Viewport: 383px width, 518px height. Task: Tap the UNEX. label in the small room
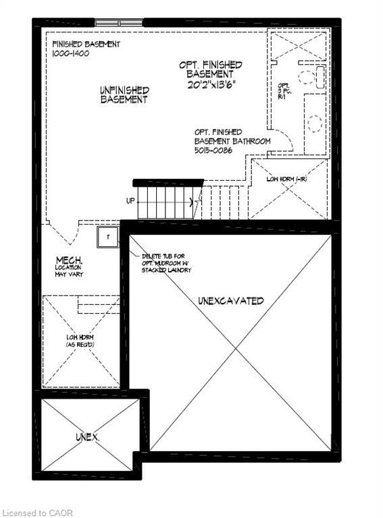pos(87,438)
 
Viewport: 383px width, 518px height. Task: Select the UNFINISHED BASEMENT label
pos(124,94)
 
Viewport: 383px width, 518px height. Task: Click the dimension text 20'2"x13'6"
pos(210,86)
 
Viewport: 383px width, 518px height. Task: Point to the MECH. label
pos(70,260)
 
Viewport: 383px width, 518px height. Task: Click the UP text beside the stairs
pos(130,201)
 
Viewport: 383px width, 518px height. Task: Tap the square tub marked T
pos(107,237)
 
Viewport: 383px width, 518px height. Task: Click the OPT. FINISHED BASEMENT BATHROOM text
pos(232,136)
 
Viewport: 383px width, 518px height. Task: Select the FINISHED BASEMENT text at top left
pos(86,45)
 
